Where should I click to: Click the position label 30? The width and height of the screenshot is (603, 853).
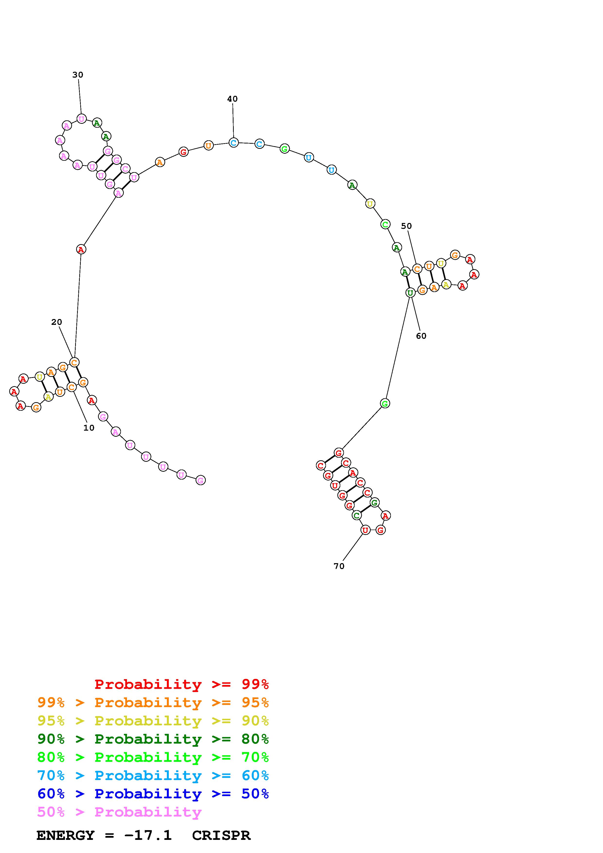pyautogui.click(x=78, y=75)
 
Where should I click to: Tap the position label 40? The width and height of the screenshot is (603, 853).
pyautogui.click(x=232, y=99)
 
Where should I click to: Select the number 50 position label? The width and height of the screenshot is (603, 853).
pyautogui.click(x=406, y=226)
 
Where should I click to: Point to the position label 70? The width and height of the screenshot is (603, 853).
pyautogui.click(x=339, y=566)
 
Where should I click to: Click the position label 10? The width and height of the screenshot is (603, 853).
pyautogui.click(x=89, y=428)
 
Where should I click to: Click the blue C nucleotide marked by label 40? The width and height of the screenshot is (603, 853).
pyautogui.click(x=233, y=142)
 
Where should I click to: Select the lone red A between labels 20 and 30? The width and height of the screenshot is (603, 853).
pyautogui.click(x=81, y=249)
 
